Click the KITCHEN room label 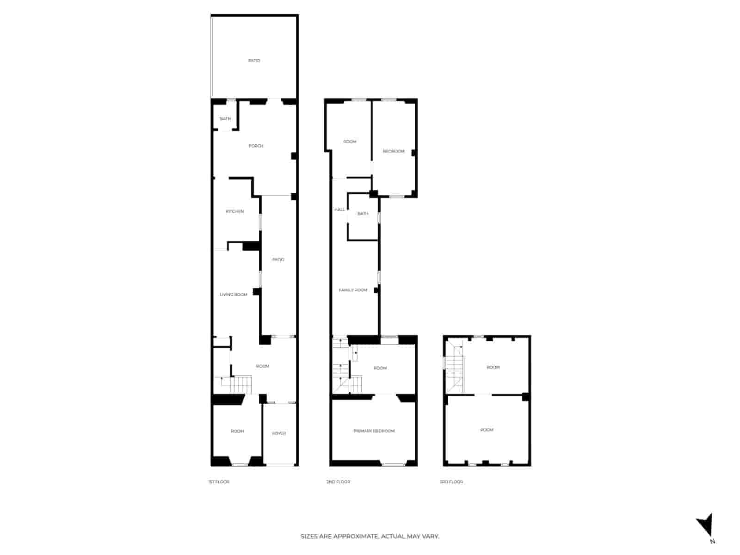(234, 211)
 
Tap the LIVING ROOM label (234, 295)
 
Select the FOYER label (279, 433)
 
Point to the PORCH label (256, 146)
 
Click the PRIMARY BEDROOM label (374, 431)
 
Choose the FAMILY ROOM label (353, 290)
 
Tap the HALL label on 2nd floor (339, 210)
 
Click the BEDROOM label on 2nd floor (394, 151)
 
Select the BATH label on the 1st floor (225, 119)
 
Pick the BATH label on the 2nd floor (363, 214)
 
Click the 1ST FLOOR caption (219, 482)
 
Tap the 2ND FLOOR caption (338, 482)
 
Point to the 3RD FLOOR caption (451, 482)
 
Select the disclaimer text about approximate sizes (370, 536)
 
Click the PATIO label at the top (254, 61)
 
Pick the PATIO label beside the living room (278, 259)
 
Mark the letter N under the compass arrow (712, 542)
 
